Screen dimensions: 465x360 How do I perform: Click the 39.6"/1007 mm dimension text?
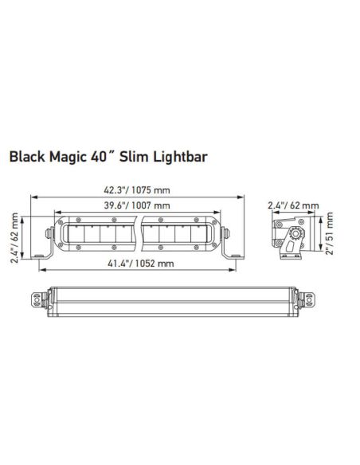137,206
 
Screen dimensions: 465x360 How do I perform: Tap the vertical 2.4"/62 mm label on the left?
14,236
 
